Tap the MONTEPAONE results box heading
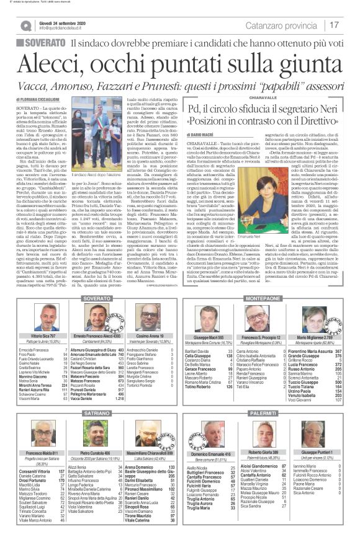coord(265,298)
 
